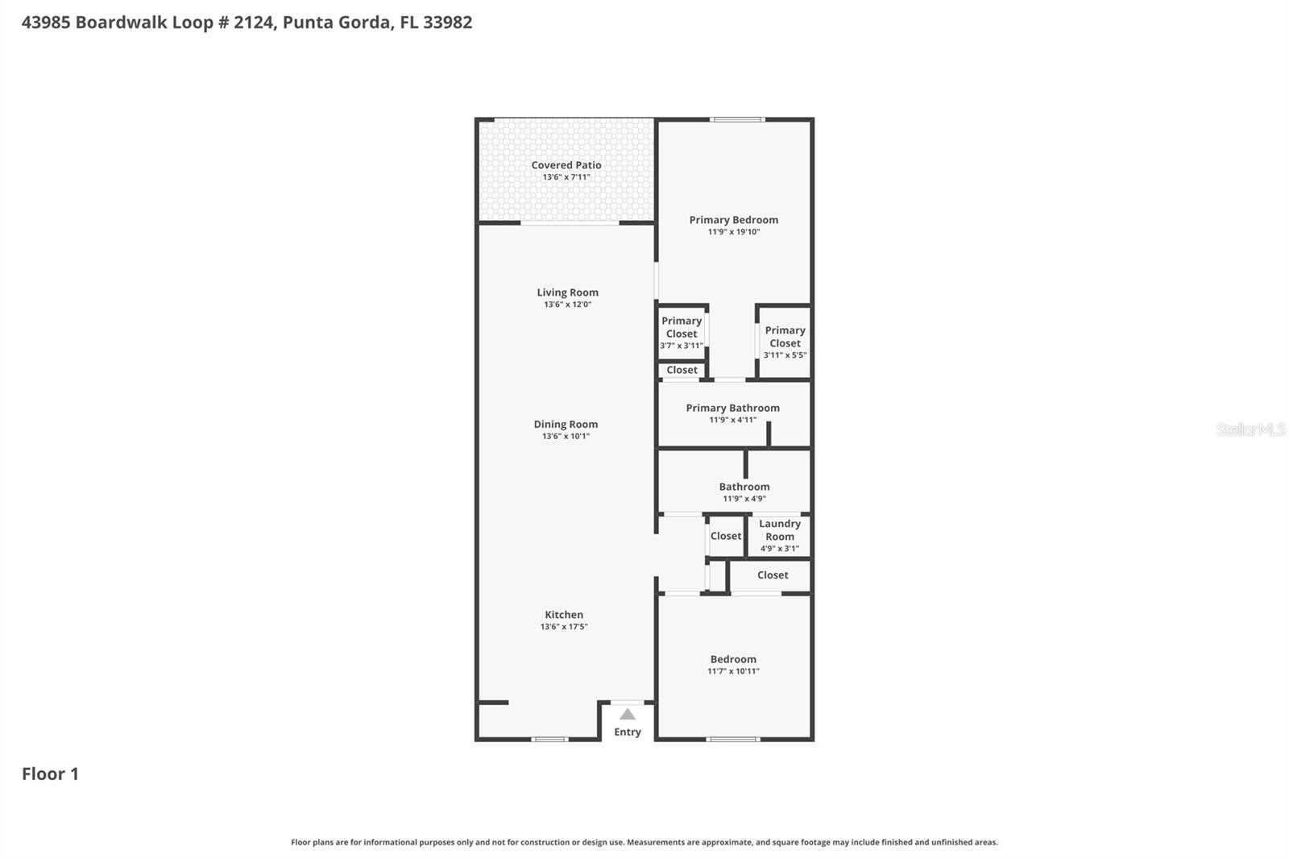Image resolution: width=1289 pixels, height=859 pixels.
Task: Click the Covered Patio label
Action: tap(566, 165)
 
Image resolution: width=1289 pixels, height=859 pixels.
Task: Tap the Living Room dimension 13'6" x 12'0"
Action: tap(567, 305)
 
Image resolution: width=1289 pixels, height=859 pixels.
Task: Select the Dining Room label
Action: tap(566, 424)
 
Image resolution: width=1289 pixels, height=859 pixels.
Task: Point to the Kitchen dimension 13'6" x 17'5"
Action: tap(564, 626)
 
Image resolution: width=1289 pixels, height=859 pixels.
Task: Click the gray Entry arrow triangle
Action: tap(628, 714)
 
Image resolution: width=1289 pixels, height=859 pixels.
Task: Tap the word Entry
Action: tap(628, 732)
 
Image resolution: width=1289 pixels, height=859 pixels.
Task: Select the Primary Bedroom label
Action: tap(733, 219)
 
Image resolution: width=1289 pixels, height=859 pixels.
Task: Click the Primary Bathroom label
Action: tap(732, 408)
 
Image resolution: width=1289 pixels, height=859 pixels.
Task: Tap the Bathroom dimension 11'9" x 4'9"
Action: tap(744, 499)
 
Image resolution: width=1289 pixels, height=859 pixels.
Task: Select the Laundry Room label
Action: tap(779, 530)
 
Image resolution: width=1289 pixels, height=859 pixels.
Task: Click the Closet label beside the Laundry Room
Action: tap(725, 536)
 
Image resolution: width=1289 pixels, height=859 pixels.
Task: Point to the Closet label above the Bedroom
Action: tap(772, 575)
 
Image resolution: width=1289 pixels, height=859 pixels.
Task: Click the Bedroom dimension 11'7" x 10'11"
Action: tap(733, 671)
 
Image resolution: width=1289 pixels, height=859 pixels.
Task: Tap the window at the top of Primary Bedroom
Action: tap(737, 120)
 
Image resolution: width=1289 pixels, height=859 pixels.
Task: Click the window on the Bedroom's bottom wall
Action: tap(732, 738)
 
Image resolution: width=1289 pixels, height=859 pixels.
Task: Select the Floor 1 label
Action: tap(50, 774)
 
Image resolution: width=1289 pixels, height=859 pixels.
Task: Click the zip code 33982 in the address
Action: tap(447, 23)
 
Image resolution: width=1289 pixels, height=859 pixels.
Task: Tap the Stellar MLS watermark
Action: tap(1250, 429)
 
